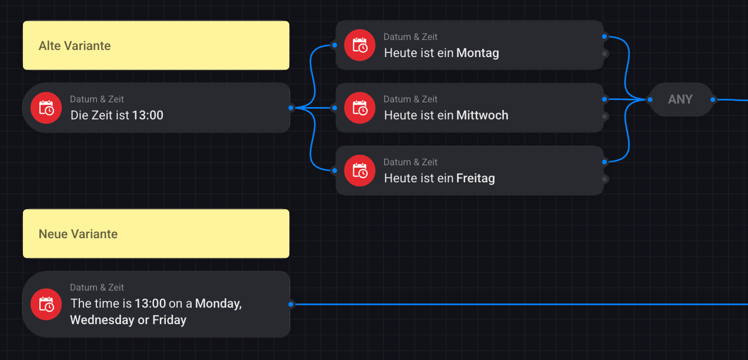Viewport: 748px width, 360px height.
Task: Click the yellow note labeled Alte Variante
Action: (x=156, y=45)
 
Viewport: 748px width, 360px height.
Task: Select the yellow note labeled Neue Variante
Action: (x=156, y=234)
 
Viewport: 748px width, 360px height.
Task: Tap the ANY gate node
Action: (x=680, y=99)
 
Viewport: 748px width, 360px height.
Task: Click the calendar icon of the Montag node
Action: (x=359, y=45)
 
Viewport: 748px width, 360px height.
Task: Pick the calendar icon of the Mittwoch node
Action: (x=359, y=108)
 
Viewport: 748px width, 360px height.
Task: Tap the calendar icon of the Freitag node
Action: (x=359, y=171)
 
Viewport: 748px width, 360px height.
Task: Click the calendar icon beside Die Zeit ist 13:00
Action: (x=46, y=108)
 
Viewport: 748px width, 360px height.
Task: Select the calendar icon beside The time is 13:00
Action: (x=46, y=304)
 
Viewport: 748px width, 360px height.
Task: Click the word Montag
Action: (x=477, y=53)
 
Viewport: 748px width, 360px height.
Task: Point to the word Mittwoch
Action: (x=482, y=115)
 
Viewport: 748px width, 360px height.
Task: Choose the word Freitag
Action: (x=475, y=178)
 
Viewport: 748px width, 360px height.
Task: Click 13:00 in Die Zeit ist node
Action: (x=148, y=115)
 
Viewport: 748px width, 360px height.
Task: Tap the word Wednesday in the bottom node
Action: (x=101, y=320)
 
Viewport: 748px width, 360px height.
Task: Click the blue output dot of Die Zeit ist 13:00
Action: (x=291, y=108)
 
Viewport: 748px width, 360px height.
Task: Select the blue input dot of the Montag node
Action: (x=334, y=45)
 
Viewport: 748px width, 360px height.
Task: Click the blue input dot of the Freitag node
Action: (x=334, y=171)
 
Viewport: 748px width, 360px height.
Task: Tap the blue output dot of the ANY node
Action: (x=713, y=99)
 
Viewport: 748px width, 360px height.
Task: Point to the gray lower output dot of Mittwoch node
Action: (x=605, y=116)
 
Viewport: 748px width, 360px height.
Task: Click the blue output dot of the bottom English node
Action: (x=291, y=304)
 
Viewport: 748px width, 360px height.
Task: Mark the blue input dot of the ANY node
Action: (x=649, y=99)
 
